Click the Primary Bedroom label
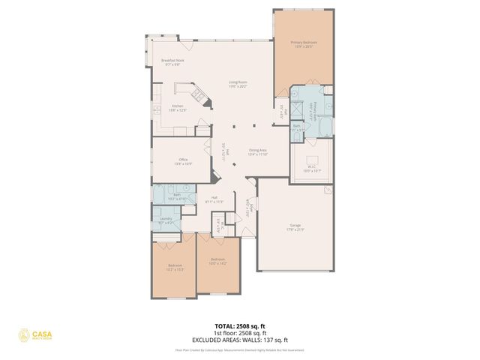304,44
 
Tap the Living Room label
238,84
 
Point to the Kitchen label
178,108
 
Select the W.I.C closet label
311,169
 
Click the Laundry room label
166,220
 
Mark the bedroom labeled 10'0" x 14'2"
217,261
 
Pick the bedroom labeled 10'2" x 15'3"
175,267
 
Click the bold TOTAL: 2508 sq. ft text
239,326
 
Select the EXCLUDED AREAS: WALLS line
239,339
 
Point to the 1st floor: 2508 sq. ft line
239,333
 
